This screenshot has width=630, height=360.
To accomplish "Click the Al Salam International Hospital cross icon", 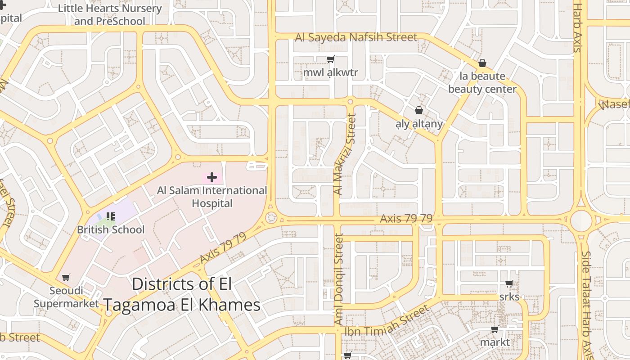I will click(211, 177).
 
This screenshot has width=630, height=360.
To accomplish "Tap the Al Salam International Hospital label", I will click(212, 197).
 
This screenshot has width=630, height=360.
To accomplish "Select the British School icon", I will click(111, 217).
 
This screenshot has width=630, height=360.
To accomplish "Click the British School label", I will click(111, 229).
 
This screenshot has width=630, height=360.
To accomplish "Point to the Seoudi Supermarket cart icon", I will click(66, 277).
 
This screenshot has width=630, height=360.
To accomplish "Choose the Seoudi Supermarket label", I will click(66, 297).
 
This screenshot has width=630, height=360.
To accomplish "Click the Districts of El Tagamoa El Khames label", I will click(182, 294).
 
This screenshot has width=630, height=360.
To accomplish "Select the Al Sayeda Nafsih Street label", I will click(356, 37).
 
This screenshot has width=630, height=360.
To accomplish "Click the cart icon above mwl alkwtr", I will click(331, 59).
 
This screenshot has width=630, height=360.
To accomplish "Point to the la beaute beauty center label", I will click(482, 82).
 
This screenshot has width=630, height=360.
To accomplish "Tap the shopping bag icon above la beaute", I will click(482, 63).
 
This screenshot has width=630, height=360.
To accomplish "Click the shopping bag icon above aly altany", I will click(419, 110).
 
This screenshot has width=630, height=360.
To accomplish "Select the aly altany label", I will click(419, 124).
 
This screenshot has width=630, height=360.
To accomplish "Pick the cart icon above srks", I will click(509, 284).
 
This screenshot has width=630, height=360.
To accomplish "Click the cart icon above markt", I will click(495, 329).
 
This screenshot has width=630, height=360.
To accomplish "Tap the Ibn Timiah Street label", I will click(387, 321).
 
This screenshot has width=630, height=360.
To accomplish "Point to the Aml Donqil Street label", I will click(338, 279).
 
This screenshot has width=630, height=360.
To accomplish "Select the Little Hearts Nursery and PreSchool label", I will click(110, 15).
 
